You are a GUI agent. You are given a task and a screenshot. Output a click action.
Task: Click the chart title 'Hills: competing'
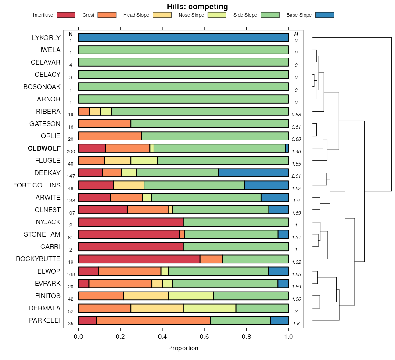tap(197, 7)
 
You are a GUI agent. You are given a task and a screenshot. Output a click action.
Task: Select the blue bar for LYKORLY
tap(183, 37)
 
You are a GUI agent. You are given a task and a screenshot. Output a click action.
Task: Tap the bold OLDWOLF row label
tap(44, 148)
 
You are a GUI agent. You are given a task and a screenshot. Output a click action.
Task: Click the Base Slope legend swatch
tap(324, 15)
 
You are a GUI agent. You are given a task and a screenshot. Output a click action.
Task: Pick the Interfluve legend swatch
tap(65, 15)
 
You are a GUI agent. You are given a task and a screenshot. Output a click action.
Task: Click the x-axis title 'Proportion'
tap(183, 348)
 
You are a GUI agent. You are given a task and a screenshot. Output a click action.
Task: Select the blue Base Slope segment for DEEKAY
tap(253, 173)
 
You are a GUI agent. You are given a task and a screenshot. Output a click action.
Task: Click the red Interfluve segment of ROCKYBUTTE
tap(139, 259)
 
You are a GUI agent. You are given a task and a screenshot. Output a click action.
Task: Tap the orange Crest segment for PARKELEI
tap(153, 320)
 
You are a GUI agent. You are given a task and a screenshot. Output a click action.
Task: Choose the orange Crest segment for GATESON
tap(104, 123)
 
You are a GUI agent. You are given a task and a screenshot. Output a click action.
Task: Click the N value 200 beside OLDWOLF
tap(71, 151)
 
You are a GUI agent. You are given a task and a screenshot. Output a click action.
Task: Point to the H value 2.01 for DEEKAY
tap(296, 176)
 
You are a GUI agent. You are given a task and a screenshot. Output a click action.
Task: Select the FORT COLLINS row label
tap(37, 185)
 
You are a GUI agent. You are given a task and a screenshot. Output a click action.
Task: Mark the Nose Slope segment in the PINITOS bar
tap(190, 295)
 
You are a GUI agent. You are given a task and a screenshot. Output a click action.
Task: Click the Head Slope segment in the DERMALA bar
tap(157, 308)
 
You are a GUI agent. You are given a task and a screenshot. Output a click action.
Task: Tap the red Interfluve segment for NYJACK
tap(131, 222)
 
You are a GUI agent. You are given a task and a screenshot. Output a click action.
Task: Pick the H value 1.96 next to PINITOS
tap(296, 299)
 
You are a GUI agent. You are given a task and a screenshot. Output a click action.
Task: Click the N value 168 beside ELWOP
tap(71, 274)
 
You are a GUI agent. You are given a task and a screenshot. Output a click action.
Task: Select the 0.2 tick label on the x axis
tap(120, 336)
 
